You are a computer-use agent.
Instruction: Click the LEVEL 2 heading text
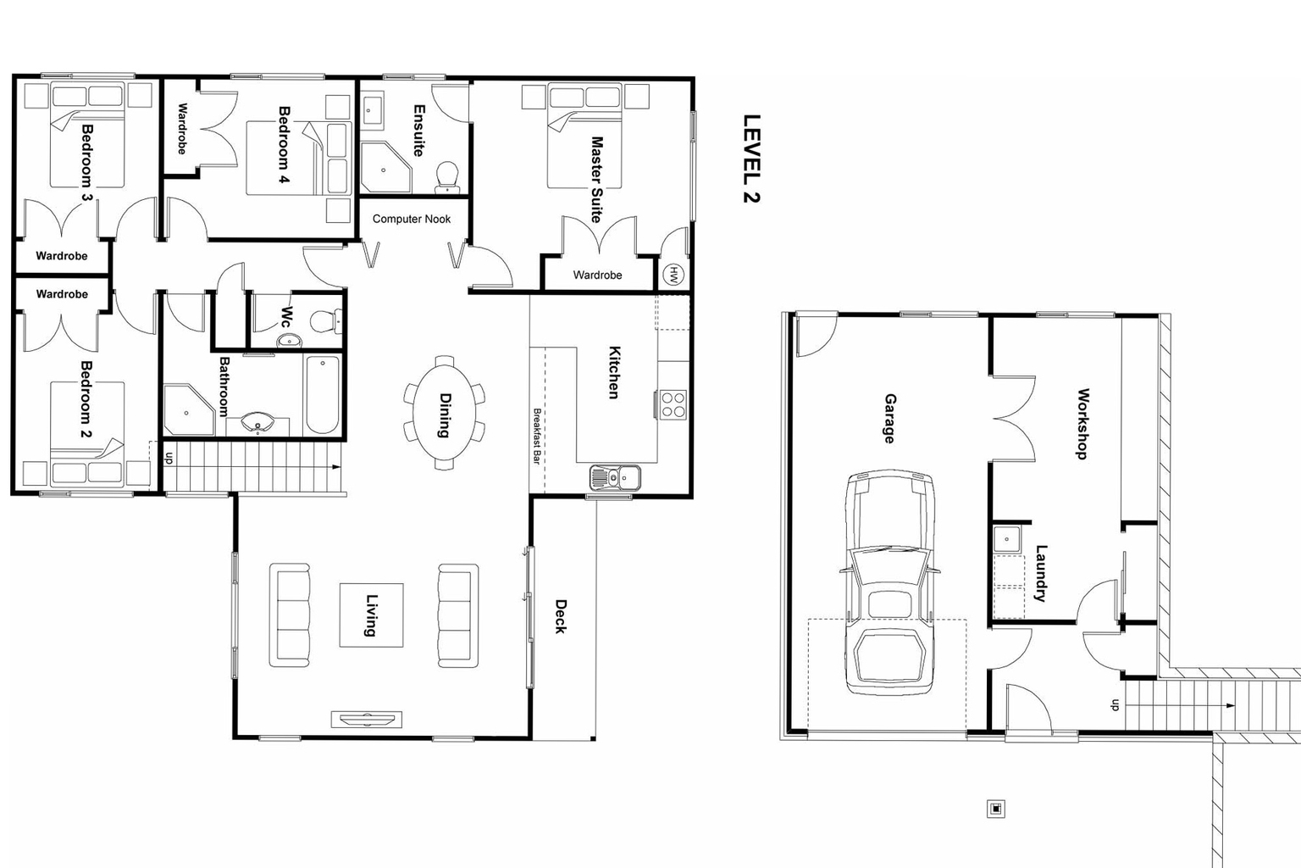click(751, 159)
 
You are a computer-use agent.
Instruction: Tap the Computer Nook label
click(412, 219)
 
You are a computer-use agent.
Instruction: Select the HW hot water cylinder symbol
click(674, 275)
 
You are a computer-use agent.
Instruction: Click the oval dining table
click(445, 413)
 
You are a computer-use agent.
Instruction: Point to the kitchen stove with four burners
click(673, 403)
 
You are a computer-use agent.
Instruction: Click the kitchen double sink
click(615, 478)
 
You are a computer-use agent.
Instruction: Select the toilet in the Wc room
click(323, 321)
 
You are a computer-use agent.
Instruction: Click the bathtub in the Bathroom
click(323, 395)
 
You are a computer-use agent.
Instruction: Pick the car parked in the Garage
click(889, 583)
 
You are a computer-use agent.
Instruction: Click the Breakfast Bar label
click(537, 436)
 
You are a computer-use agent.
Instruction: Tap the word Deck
click(561, 616)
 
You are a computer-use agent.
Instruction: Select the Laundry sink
click(1006, 538)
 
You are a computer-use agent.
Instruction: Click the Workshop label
click(1082, 424)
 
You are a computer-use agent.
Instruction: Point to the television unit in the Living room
click(366, 720)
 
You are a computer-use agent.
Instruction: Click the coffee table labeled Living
click(371, 615)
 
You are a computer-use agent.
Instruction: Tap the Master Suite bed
click(584, 136)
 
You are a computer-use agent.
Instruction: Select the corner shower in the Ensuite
click(385, 167)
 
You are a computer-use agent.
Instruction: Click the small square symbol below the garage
click(996, 809)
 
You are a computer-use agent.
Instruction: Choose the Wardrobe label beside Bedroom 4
click(182, 128)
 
